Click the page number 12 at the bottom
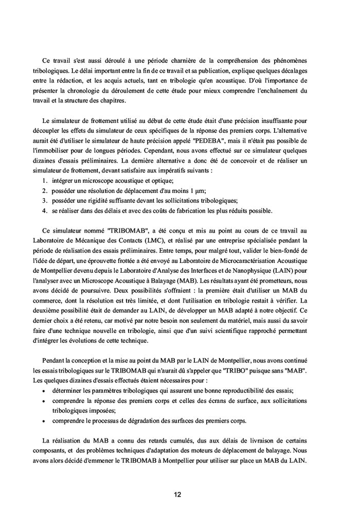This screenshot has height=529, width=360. [177, 495]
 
